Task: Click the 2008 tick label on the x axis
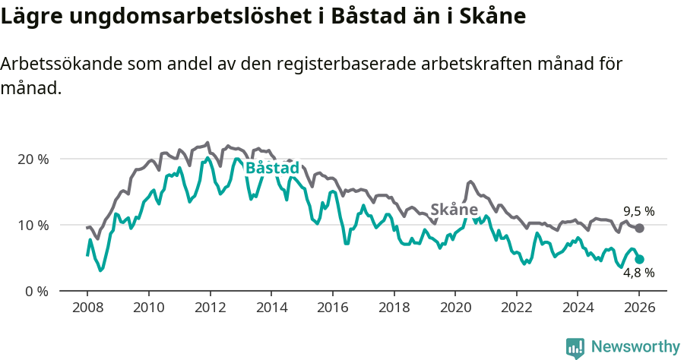tap(87, 309)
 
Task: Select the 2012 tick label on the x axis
tap(210, 309)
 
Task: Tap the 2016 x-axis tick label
tap(332, 309)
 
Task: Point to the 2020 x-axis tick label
tap(454, 309)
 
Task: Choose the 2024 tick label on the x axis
tap(578, 309)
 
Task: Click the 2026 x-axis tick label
tap(639, 309)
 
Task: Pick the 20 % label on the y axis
tap(33, 159)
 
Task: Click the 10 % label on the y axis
tap(33, 226)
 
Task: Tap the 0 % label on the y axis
tap(37, 291)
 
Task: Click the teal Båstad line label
tap(272, 168)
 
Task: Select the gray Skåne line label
tap(454, 210)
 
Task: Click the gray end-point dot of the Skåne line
tap(639, 228)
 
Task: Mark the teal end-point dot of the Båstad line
tap(639, 259)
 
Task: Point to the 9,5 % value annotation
tap(638, 211)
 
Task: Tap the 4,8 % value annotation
tap(638, 273)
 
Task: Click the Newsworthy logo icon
tap(575, 347)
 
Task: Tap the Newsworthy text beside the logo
tap(635, 347)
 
